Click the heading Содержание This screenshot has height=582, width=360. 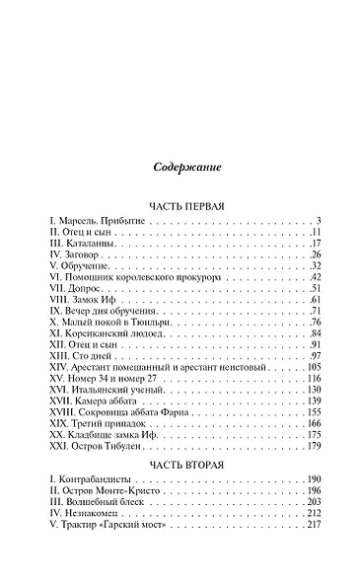(x=180, y=166)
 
